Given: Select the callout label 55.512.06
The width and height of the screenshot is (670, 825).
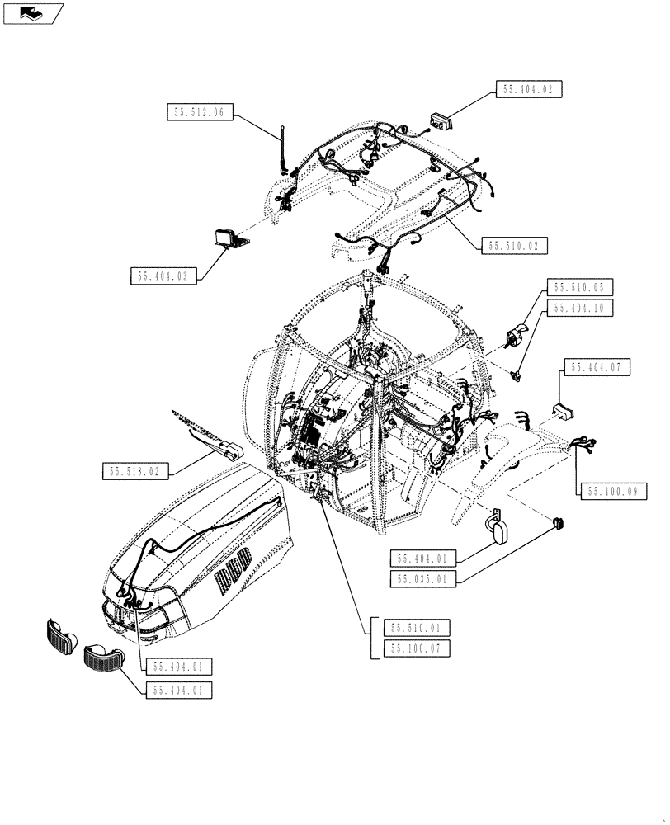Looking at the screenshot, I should tap(201, 114).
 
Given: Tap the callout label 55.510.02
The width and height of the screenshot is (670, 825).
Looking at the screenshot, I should tap(517, 246).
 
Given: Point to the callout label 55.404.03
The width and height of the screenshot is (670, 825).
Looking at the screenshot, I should tap(164, 276).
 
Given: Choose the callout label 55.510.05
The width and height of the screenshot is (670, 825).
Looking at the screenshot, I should tap(578, 288).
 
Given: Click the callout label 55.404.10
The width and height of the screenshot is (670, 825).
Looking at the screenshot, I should tap(578, 308).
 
